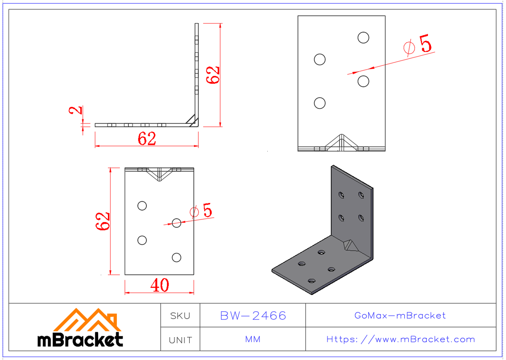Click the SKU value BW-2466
[x=253, y=315]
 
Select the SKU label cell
[x=180, y=316]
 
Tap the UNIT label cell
[x=180, y=339]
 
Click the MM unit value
[x=253, y=339]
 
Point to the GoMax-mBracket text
[x=400, y=315]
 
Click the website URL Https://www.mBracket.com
[x=401, y=339]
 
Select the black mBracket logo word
[x=80, y=339]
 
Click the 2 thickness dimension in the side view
[x=76, y=111]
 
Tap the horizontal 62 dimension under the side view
[x=147, y=139]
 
